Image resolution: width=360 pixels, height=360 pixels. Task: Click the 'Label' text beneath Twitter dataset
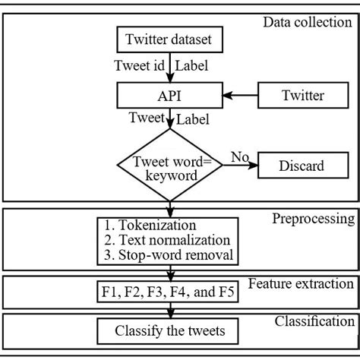(x=194, y=67)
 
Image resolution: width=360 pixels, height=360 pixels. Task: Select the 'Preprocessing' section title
(x=312, y=219)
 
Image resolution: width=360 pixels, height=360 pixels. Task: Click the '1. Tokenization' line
(x=152, y=226)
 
